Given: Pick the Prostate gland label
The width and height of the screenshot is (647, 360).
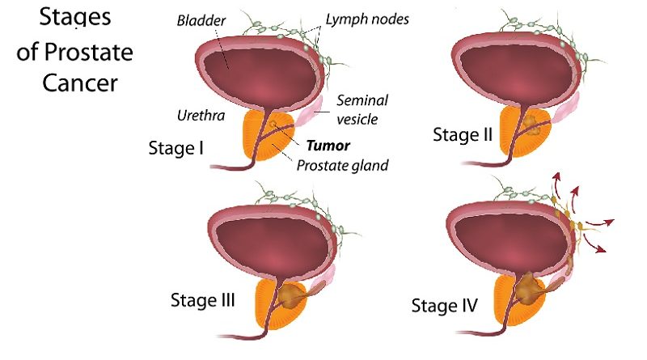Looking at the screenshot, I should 342,166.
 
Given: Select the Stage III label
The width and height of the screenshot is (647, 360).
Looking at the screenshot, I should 202,301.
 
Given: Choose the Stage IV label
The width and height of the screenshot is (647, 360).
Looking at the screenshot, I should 444,306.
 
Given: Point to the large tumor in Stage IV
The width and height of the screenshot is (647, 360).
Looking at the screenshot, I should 530,287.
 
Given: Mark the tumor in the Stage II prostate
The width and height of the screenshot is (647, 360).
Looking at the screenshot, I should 531,123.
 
